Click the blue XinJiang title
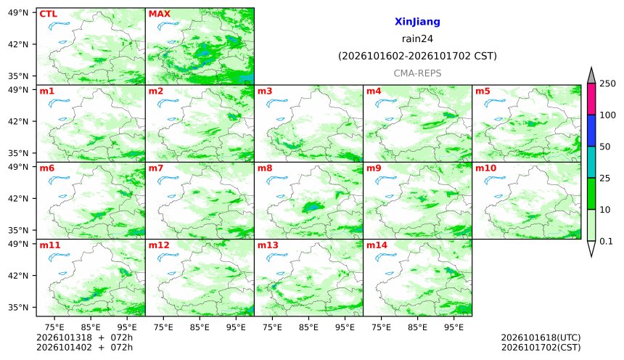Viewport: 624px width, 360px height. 417,22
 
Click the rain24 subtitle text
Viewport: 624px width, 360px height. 417,39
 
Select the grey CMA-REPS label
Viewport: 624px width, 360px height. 417,73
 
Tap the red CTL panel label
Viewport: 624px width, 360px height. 48,14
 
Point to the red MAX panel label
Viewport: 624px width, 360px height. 159,14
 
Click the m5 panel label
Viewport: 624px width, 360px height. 483,91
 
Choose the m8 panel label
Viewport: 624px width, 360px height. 265,168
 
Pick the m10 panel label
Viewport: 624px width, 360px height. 486,168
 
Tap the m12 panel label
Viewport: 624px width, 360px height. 159,245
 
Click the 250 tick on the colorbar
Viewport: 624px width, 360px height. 608,83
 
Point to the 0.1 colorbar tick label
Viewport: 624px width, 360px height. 606,241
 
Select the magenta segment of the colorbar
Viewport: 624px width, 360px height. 591,99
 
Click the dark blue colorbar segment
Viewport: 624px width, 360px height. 591,131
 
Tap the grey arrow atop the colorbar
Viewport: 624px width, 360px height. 591,75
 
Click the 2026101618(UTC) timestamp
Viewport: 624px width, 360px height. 541,337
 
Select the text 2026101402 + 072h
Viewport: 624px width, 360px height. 84,347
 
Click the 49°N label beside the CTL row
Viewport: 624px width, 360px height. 18,13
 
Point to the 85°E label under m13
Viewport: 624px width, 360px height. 308,327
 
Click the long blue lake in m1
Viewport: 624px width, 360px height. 59,103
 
